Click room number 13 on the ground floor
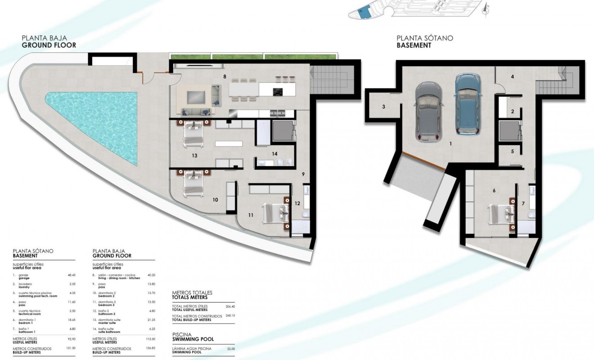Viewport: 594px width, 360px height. (194, 156)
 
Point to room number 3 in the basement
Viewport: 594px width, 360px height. (383, 107)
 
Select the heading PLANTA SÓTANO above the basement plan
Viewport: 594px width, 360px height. (424, 38)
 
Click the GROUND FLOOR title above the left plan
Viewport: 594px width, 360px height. (49, 45)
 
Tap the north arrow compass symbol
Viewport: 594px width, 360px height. (485, 9)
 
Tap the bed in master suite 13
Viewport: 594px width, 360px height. (194, 134)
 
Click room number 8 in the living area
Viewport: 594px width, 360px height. (224, 76)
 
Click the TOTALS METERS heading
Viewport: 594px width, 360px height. (190, 297)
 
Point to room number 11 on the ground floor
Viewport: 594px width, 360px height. (251, 215)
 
